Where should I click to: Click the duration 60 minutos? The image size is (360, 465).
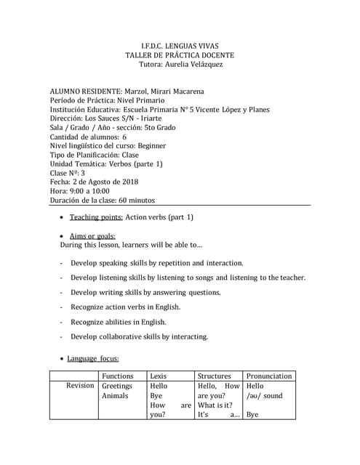click(x=135, y=201)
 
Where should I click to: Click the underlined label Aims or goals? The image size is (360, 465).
click(x=92, y=236)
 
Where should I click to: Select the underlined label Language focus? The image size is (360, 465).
click(x=93, y=358)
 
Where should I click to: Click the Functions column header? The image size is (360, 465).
click(x=118, y=376)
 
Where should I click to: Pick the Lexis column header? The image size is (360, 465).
click(x=158, y=376)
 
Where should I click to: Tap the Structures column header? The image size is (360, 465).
click(x=215, y=376)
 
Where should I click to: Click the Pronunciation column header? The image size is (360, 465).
click(x=269, y=376)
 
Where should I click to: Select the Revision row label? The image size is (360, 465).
click(x=80, y=386)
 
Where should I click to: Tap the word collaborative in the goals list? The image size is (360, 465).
click(x=129, y=336)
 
